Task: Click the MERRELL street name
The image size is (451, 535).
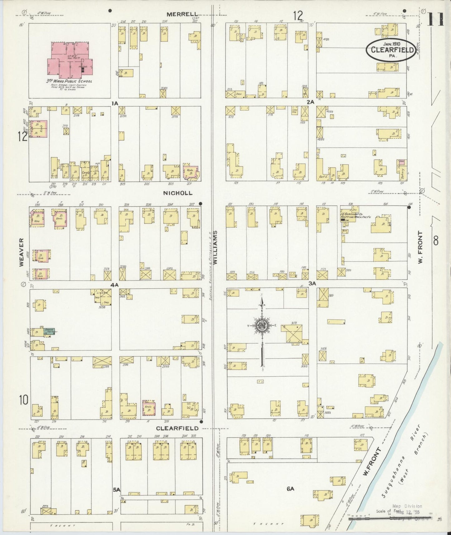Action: [182, 14]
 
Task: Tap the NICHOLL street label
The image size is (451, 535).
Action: [178, 193]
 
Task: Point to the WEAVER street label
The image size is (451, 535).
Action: [22, 252]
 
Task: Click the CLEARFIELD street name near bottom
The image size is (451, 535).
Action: [177, 428]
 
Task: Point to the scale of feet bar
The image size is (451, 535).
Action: [390, 518]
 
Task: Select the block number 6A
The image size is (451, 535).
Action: [290, 489]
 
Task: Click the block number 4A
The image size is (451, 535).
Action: [114, 285]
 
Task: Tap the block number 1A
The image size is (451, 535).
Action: [114, 103]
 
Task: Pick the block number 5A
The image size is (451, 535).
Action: [116, 490]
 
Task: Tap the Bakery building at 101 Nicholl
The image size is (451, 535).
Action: [402, 172]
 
